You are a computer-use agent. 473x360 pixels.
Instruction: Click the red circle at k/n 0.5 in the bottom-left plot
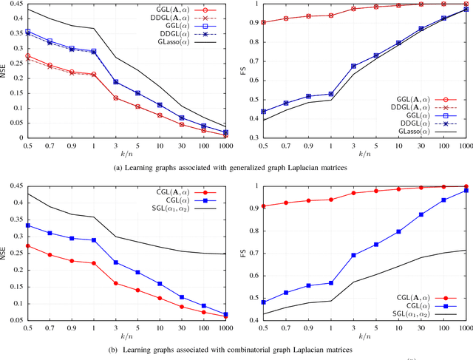coord(27,245)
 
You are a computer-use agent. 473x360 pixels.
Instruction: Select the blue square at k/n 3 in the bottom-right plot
coord(353,255)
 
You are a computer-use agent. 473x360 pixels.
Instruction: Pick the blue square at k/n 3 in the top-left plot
coord(116,81)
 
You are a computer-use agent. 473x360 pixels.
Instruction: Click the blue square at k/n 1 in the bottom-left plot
coord(93,240)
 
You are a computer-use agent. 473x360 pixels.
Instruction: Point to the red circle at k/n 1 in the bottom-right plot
coord(330,200)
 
